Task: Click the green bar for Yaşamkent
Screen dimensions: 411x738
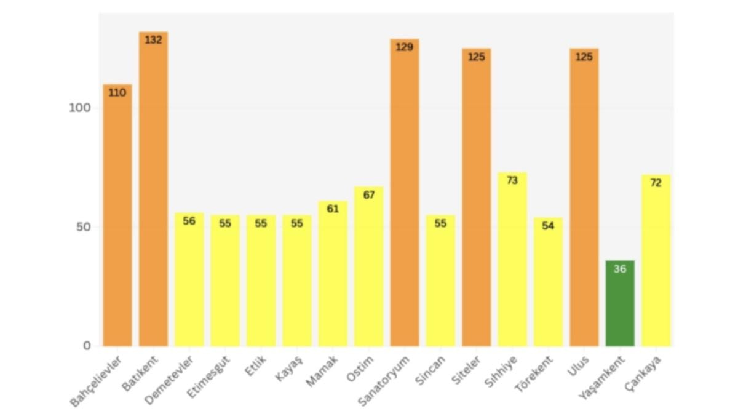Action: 620,305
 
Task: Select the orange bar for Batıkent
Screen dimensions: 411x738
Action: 153,191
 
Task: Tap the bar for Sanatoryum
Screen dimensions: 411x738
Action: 405,194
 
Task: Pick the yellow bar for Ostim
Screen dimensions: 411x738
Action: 368,268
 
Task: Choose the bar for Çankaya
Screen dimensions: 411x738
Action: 656,261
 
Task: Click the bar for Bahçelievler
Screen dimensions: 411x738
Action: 117,215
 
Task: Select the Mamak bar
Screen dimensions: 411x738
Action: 333,274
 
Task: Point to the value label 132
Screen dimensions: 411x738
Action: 153,40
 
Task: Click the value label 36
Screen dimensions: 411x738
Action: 620,269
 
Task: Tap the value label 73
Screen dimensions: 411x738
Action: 512,181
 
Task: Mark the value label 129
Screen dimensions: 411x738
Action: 405,47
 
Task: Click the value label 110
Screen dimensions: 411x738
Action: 117,93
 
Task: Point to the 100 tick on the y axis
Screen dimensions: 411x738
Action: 79,108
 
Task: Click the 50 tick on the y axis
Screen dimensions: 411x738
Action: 83,227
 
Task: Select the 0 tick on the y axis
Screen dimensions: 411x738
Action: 87,346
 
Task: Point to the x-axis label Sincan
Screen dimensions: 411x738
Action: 430,370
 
